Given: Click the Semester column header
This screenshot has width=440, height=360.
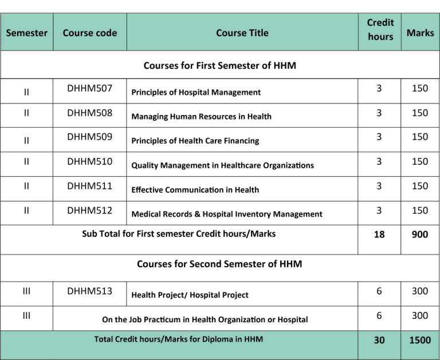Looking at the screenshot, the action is click(x=26, y=33).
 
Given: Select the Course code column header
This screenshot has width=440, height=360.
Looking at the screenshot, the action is click(x=89, y=33).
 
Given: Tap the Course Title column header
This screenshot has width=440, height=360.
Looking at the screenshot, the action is click(x=242, y=33).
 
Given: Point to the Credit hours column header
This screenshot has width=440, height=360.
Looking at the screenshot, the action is click(x=380, y=29).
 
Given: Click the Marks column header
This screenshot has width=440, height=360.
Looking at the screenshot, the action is click(x=420, y=33).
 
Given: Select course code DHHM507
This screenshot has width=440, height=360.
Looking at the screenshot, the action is click(x=89, y=88).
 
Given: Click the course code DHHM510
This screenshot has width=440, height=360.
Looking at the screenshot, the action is click(x=89, y=161).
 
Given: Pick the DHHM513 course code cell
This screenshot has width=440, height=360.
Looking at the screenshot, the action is click(x=89, y=291).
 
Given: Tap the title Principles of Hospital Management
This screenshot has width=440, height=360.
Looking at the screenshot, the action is click(x=196, y=92).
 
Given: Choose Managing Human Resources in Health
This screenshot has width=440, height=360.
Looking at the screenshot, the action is click(x=201, y=116).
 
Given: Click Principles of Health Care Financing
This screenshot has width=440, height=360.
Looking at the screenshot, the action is click(x=195, y=141).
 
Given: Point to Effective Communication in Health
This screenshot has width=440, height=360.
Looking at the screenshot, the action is click(x=195, y=189).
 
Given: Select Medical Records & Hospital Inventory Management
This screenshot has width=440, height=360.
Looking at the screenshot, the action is click(x=227, y=214).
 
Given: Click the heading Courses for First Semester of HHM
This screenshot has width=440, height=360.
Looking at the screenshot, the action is click(x=219, y=65).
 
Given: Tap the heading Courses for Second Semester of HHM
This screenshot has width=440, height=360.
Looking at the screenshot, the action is click(x=219, y=264).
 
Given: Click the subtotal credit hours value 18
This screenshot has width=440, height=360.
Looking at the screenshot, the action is click(x=379, y=235).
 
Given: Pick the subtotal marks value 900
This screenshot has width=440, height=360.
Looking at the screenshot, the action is click(x=419, y=235).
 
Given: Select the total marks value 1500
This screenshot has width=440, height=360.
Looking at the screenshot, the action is click(x=419, y=340).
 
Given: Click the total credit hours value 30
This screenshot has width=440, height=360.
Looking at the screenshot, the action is click(x=379, y=340).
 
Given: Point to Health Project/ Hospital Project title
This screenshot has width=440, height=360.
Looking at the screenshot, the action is click(x=190, y=295).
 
